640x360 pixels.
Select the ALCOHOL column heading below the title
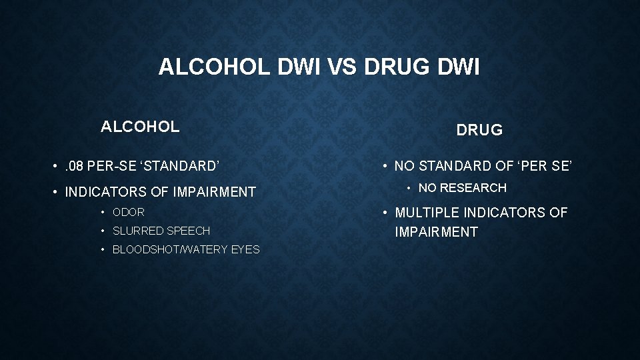pyautogui.click(x=140, y=126)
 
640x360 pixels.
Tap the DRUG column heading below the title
pyautogui.click(x=479, y=130)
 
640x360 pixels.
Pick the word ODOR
pyautogui.click(x=129, y=213)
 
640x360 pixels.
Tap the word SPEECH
pyautogui.click(x=189, y=231)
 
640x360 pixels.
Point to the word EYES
pyautogui.click(x=244, y=249)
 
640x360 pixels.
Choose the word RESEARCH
pyautogui.click(x=474, y=188)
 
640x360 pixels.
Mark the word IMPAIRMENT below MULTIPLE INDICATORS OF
pyautogui.click(x=437, y=232)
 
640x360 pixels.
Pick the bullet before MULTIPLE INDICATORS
pyautogui.click(x=385, y=213)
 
